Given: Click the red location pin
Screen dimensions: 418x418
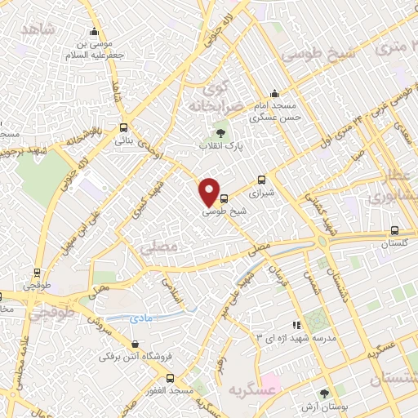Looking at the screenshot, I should click(x=210, y=192).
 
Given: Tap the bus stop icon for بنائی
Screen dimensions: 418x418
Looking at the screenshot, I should click(x=123, y=127).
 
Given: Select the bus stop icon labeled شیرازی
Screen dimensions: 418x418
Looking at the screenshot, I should click(x=261, y=180).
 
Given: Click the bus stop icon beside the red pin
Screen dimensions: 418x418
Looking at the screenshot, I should click(x=225, y=198).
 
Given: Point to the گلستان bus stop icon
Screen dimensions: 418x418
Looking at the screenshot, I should click(x=395, y=230).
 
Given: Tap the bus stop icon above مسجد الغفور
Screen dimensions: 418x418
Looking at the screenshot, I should click(x=170, y=378).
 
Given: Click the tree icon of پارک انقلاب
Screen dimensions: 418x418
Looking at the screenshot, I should click(x=219, y=132).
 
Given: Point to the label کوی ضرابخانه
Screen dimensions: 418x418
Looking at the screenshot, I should click(x=215, y=96).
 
